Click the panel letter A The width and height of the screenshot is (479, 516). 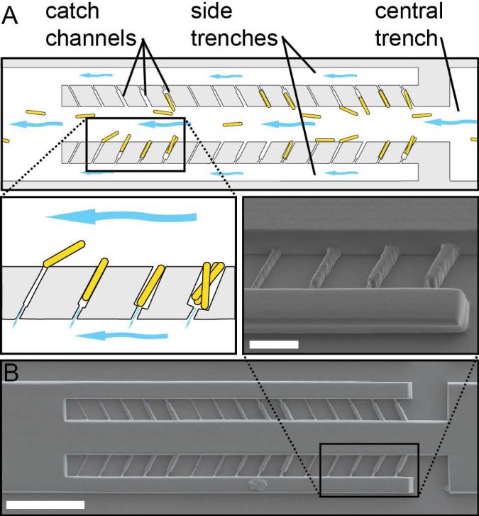(11, 16)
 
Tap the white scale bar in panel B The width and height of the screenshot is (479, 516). (48, 505)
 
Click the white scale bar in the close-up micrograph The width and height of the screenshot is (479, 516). (274, 344)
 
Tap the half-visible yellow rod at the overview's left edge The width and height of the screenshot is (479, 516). (5, 141)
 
